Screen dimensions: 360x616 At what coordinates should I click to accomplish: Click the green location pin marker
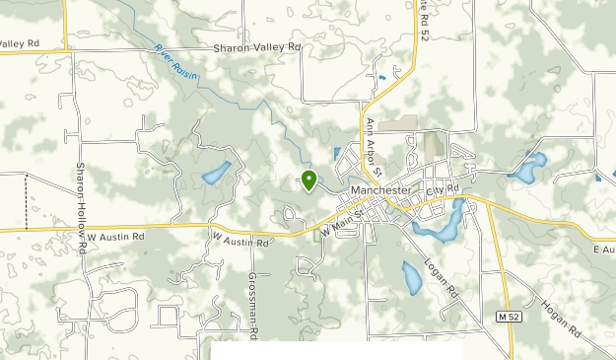[x=309, y=180]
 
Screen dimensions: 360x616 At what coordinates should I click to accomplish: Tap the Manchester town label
[x=379, y=189]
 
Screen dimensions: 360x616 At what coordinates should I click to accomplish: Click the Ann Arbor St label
[x=372, y=144]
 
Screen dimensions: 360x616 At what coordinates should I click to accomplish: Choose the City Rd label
[x=444, y=187]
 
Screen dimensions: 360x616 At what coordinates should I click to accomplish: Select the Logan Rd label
[x=443, y=277]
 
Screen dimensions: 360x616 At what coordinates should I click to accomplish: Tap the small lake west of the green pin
[x=217, y=173]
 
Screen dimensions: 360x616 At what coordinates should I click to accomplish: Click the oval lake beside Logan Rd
[x=411, y=277]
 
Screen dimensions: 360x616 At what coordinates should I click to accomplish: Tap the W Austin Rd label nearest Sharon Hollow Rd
[x=115, y=238]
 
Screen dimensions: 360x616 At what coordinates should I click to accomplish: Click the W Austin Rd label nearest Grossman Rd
[x=240, y=239]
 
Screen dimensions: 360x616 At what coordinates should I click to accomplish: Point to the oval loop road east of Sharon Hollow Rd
[x=116, y=307]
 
